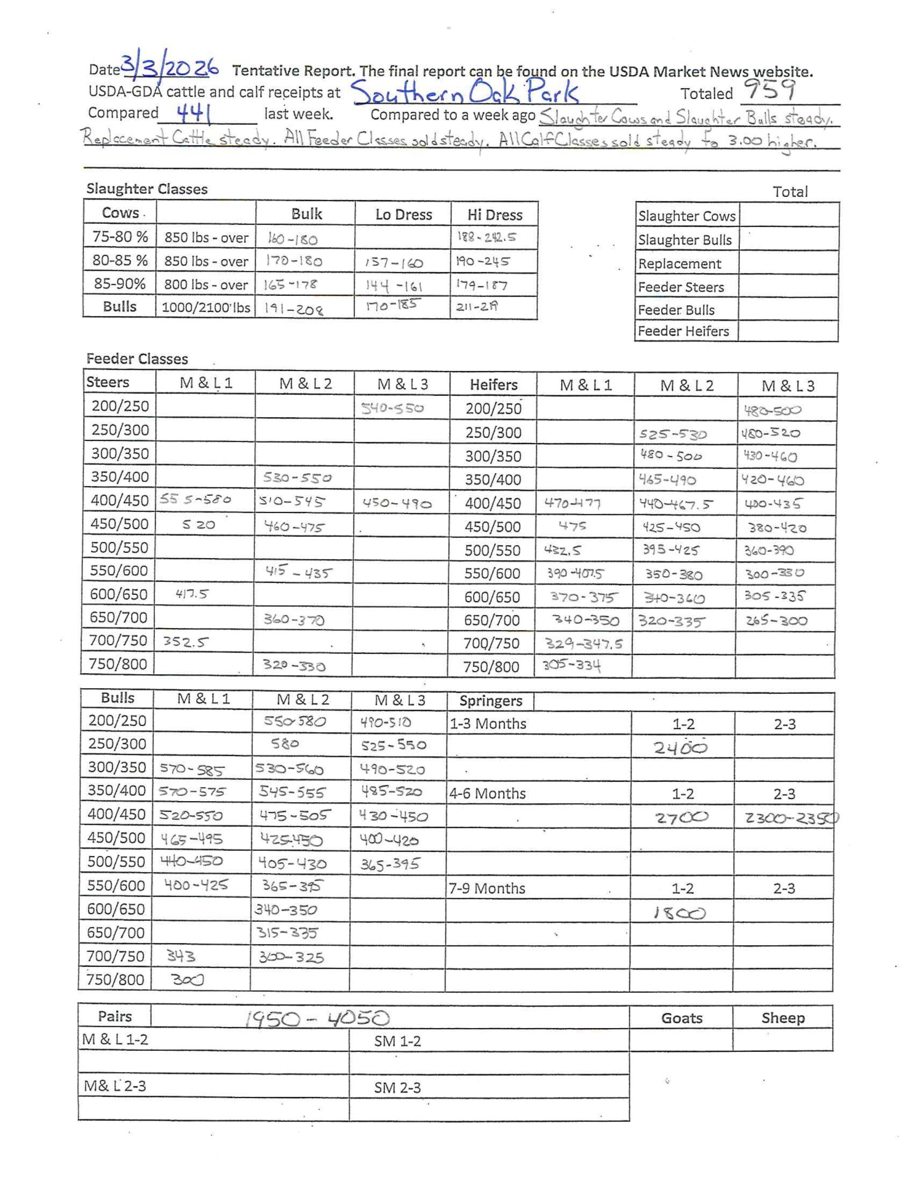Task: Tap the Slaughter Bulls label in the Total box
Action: pyautogui.click(x=685, y=240)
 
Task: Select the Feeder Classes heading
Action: pyautogui.click(x=137, y=359)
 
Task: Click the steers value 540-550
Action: pyautogui.click(x=392, y=408)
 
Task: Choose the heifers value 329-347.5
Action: pyautogui.click(x=584, y=644)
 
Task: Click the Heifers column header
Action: pyautogui.click(x=494, y=384)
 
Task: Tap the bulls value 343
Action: pyautogui.click(x=181, y=957)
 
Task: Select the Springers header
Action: pyautogui.click(x=490, y=701)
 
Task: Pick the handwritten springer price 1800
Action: pyautogui.click(x=679, y=914)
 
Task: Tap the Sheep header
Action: pyautogui.click(x=783, y=1018)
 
